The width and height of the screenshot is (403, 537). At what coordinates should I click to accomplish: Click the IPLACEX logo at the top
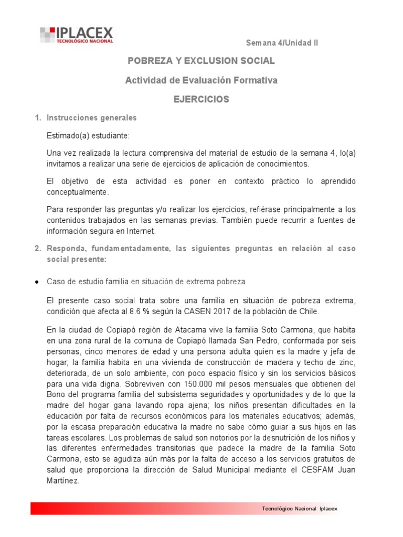point(76,35)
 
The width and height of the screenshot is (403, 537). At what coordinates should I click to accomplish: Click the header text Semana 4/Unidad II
point(282,43)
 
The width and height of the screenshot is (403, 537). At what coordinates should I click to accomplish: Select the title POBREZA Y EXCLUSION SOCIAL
point(201,61)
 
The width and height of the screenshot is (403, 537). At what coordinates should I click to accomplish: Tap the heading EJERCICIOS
point(201,99)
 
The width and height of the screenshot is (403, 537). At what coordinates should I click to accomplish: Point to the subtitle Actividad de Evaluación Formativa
point(201,80)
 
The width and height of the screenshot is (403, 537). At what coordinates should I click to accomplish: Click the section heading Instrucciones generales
point(91,118)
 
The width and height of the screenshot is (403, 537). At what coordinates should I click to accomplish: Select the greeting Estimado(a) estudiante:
point(88,135)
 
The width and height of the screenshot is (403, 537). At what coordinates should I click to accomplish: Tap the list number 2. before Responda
point(38,249)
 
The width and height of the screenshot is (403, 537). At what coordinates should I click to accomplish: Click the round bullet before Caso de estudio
point(36,282)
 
